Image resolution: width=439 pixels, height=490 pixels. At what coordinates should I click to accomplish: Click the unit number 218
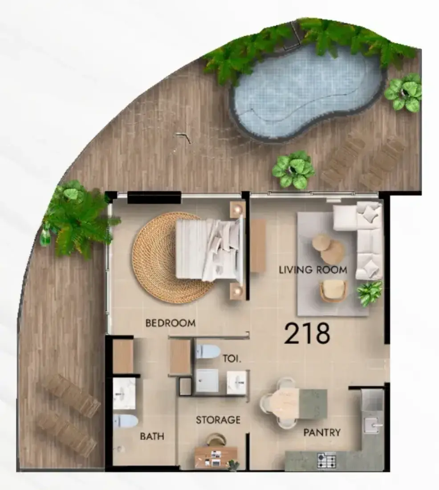click(308, 333)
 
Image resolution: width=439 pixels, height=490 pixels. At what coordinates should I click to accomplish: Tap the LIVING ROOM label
click(313, 269)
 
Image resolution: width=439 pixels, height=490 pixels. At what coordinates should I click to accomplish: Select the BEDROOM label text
click(171, 323)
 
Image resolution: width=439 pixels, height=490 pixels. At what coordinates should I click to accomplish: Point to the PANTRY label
click(322, 433)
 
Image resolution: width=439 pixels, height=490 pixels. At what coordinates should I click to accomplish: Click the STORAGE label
click(218, 420)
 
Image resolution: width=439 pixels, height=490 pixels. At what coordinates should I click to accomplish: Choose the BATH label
click(152, 436)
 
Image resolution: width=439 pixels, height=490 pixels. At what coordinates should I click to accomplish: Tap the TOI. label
click(232, 359)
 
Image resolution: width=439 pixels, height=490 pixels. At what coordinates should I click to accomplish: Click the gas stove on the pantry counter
click(326, 460)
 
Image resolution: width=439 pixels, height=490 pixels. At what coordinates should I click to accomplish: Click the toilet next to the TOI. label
click(207, 351)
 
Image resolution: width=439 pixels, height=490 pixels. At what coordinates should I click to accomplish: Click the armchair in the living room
click(333, 291)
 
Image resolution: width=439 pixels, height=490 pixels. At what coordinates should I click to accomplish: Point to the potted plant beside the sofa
click(370, 293)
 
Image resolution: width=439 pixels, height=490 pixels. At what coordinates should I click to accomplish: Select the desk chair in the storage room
click(216, 440)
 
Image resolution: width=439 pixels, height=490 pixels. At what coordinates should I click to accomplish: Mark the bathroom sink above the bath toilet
click(124, 393)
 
